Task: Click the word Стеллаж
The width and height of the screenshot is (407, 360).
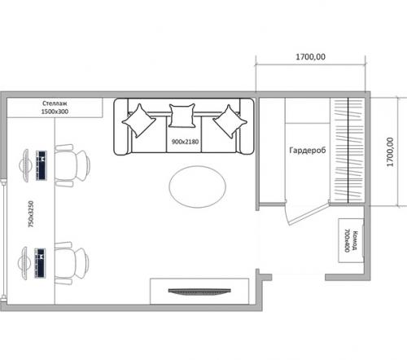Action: coord(55,103)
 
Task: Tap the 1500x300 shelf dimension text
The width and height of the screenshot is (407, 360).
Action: coord(55,112)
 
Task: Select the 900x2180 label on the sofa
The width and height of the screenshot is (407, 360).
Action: coord(185,142)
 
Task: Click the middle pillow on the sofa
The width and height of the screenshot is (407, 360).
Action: coord(182,116)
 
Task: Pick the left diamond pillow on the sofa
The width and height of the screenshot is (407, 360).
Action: coord(139,121)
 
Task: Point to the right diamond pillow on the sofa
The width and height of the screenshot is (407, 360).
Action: coord(230,121)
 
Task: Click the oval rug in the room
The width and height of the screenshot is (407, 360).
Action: coord(197,187)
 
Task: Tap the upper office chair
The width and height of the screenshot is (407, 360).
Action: coord(72,165)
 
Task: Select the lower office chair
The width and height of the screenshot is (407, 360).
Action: coord(72,263)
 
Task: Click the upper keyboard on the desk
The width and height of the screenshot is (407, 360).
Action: coord(42,165)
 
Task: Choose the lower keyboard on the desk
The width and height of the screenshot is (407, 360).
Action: coord(40,263)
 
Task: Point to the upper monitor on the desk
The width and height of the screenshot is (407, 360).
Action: coord(25,165)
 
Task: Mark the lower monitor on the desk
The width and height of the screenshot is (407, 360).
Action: coord(24,263)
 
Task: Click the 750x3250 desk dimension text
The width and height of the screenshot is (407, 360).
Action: coord(31,214)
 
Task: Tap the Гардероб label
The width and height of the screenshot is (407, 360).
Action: coord(308,151)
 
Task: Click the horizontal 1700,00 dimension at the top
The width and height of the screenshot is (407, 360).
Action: coord(310,57)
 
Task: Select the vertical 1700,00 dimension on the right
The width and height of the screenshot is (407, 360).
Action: coord(390,152)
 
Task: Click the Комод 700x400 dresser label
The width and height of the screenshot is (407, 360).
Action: coord(351,241)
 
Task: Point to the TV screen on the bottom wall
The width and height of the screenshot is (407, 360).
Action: coord(199,292)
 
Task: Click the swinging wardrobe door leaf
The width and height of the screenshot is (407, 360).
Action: coord(307,214)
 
